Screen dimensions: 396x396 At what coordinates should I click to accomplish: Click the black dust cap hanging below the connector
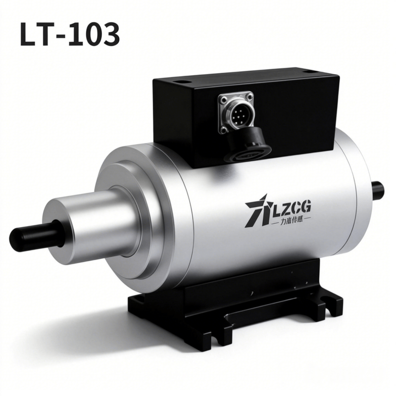pos(249,145)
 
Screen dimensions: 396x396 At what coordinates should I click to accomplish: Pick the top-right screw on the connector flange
pos(249,96)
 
